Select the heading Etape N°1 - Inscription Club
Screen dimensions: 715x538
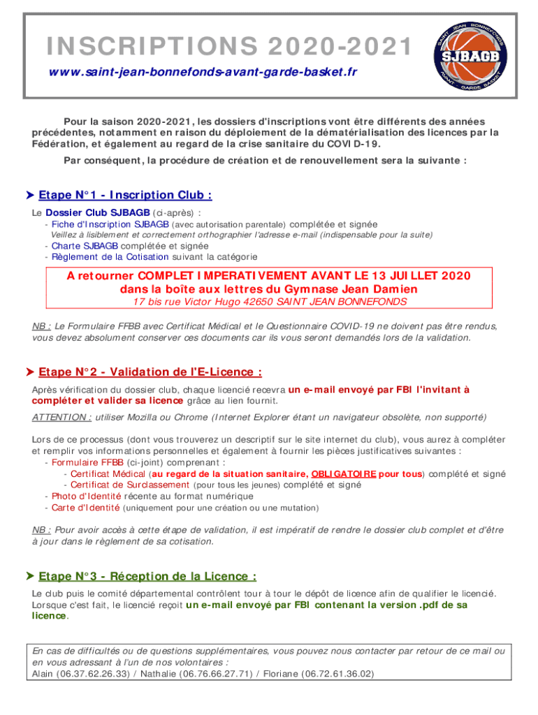pyautogui.click(x=125, y=195)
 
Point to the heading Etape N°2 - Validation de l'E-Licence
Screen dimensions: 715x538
pyautogui.click(x=150, y=372)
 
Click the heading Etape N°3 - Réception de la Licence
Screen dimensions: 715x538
pyautogui.click(x=147, y=576)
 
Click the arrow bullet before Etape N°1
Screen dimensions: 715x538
pyautogui.click(x=29, y=195)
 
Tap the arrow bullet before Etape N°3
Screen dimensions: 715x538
pyautogui.click(x=29, y=576)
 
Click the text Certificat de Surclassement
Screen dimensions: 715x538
pyautogui.click(x=130, y=485)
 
